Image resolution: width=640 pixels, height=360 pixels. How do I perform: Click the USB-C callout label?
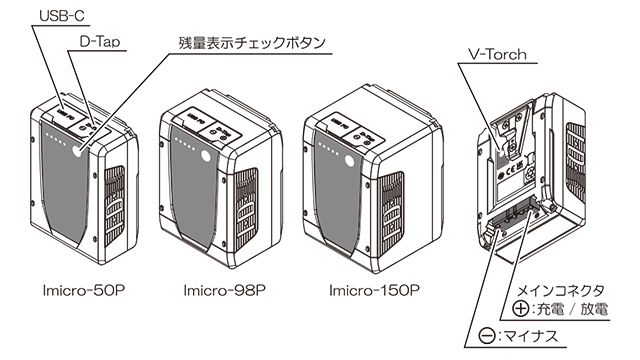point(62,16)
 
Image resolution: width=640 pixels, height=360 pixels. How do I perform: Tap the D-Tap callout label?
point(100,42)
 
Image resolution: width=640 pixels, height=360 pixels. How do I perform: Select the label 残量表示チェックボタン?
point(252,43)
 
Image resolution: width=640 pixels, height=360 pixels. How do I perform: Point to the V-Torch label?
point(497,54)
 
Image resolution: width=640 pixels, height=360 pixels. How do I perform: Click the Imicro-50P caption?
point(84,290)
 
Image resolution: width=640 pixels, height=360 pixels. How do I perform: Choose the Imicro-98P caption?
point(224,290)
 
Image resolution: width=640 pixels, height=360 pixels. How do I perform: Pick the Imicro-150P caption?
point(374,290)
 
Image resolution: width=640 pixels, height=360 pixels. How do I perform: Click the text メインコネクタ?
point(560,291)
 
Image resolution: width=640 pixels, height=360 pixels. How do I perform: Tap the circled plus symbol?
point(521,309)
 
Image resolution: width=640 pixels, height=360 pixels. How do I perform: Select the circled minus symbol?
point(487,336)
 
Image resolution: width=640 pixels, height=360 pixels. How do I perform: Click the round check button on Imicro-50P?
point(78,151)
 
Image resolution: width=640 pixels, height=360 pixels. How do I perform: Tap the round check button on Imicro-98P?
point(206,156)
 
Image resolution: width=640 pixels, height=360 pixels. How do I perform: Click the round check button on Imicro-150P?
point(349,160)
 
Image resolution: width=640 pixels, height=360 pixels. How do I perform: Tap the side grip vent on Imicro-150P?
point(391,213)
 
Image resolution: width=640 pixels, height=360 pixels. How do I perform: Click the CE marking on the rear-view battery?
point(510,172)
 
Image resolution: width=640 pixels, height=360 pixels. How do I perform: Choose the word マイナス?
point(531,336)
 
